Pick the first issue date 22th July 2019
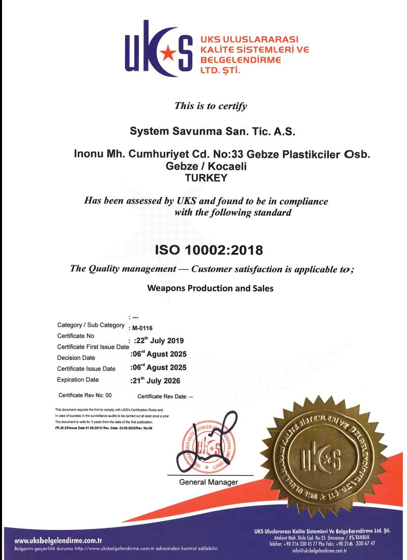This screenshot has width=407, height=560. coord(161,340)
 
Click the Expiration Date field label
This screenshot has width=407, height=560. coord(81,379)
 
